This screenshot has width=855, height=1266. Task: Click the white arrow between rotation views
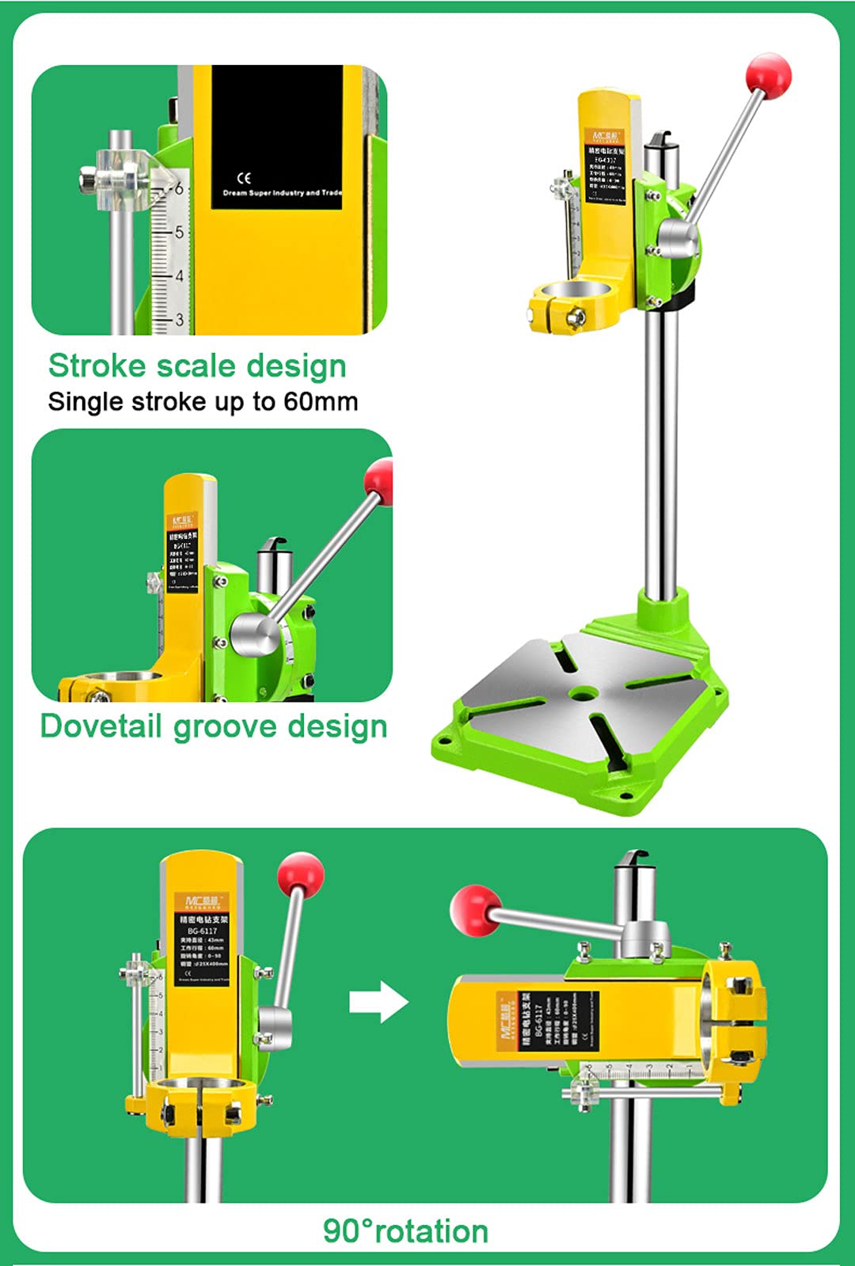378,1002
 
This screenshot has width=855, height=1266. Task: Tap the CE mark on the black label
244,178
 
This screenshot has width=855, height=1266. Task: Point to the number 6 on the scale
179,188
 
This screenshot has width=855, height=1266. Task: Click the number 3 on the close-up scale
180,320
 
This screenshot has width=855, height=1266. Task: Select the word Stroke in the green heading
97,366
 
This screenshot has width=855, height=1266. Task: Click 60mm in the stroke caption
321,402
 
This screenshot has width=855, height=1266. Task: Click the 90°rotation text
405,1231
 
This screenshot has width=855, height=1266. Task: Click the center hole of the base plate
583,694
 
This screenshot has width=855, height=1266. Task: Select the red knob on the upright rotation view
301,874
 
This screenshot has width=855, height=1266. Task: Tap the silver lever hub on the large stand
679,240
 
